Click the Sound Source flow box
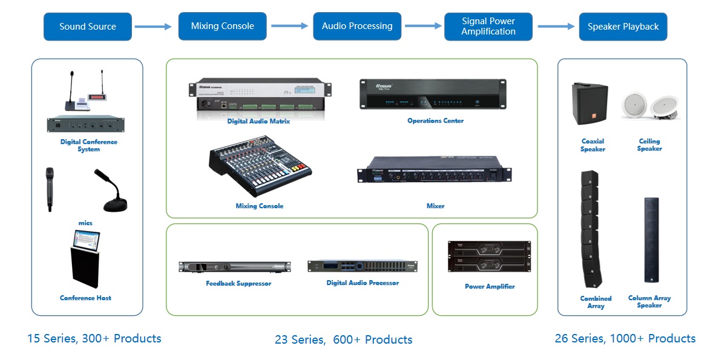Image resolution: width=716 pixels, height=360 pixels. point(87,27)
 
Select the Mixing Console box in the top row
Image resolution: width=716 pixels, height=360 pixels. point(222,27)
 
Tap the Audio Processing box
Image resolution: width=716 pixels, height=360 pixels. point(356,27)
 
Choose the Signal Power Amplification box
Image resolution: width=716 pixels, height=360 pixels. point(488,27)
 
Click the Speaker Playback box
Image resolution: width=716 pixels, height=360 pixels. point(623,27)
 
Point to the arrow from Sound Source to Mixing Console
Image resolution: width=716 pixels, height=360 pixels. point(154,27)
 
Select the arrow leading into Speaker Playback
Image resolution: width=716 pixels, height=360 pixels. point(556,27)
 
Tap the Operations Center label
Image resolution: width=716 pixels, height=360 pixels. point(435,121)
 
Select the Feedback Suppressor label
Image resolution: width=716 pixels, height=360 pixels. point(238,284)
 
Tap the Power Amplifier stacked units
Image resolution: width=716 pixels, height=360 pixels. point(489,257)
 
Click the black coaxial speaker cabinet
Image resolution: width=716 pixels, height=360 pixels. point(589,104)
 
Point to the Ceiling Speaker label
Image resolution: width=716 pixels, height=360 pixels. point(649,145)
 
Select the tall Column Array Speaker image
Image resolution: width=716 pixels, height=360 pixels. point(651,240)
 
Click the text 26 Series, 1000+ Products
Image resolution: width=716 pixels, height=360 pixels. point(625,339)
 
